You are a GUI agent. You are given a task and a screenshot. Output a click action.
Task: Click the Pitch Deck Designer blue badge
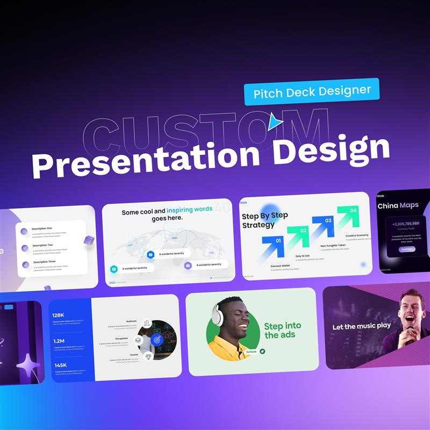312,91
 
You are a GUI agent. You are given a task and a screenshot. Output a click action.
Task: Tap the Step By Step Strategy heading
264,220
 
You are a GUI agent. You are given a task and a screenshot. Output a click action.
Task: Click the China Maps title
398,205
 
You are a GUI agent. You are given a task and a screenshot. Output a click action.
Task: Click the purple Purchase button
407,249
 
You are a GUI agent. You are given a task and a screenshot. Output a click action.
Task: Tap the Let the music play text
361,326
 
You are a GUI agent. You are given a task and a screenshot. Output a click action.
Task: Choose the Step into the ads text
282,330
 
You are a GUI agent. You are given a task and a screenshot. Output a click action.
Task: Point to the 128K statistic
59,316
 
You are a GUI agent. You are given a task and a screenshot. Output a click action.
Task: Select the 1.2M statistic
59,341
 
